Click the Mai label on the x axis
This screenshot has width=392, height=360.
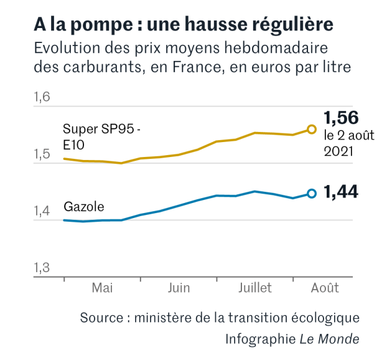(102, 288)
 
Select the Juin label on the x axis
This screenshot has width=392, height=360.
(179, 288)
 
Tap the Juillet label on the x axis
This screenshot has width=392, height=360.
(255, 288)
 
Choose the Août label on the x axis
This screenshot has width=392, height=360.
(325, 288)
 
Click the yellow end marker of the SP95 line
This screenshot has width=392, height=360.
(312, 130)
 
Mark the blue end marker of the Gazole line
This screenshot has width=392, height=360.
(312, 194)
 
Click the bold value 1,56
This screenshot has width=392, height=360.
(341, 118)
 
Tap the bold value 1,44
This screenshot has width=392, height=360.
(341, 193)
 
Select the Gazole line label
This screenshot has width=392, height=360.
(84, 207)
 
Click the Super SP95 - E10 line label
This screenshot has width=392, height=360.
(101, 137)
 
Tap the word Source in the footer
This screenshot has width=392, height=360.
(102, 318)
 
